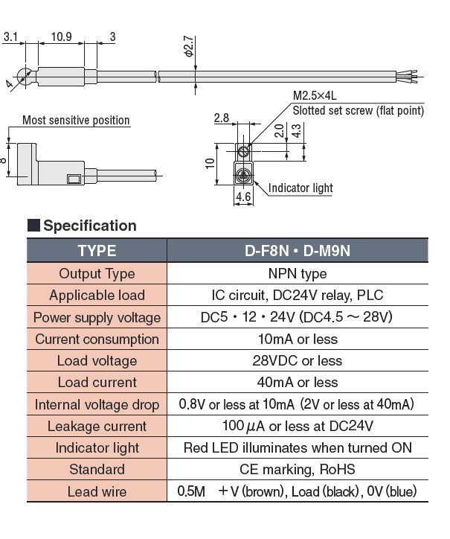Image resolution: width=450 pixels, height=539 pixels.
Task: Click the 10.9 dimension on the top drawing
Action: click(62, 36)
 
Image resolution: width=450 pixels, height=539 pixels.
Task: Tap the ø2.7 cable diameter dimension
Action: click(189, 47)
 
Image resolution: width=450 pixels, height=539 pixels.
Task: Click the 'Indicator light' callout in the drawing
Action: click(300, 188)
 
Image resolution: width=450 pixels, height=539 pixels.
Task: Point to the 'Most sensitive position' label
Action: click(76, 120)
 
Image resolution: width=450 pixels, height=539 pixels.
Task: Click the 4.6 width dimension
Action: click(243, 197)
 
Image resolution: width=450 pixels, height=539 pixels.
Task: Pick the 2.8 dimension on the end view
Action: click(221, 118)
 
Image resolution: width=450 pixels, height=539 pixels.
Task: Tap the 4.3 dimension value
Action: click(296, 130)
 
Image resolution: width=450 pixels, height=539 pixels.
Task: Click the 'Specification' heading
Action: click(90, 226)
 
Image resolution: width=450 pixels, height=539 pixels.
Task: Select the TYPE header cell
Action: click(97, 251)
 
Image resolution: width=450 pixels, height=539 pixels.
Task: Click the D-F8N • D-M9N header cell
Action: click(297, 251)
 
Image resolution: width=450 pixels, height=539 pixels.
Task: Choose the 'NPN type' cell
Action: click(297, 273)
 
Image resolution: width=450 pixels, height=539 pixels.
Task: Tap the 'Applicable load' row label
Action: click(97, 296)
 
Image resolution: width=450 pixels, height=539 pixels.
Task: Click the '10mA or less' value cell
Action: click(297, 339)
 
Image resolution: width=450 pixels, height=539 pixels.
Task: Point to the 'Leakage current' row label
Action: click(97, 426)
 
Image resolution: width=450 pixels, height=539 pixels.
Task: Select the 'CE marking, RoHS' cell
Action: click(297, 470)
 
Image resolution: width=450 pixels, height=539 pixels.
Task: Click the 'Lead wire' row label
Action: click(97, 492)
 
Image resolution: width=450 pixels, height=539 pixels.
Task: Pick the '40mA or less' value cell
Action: click(297, 383)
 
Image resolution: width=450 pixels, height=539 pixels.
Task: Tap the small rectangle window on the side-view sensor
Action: click(74, 178)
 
